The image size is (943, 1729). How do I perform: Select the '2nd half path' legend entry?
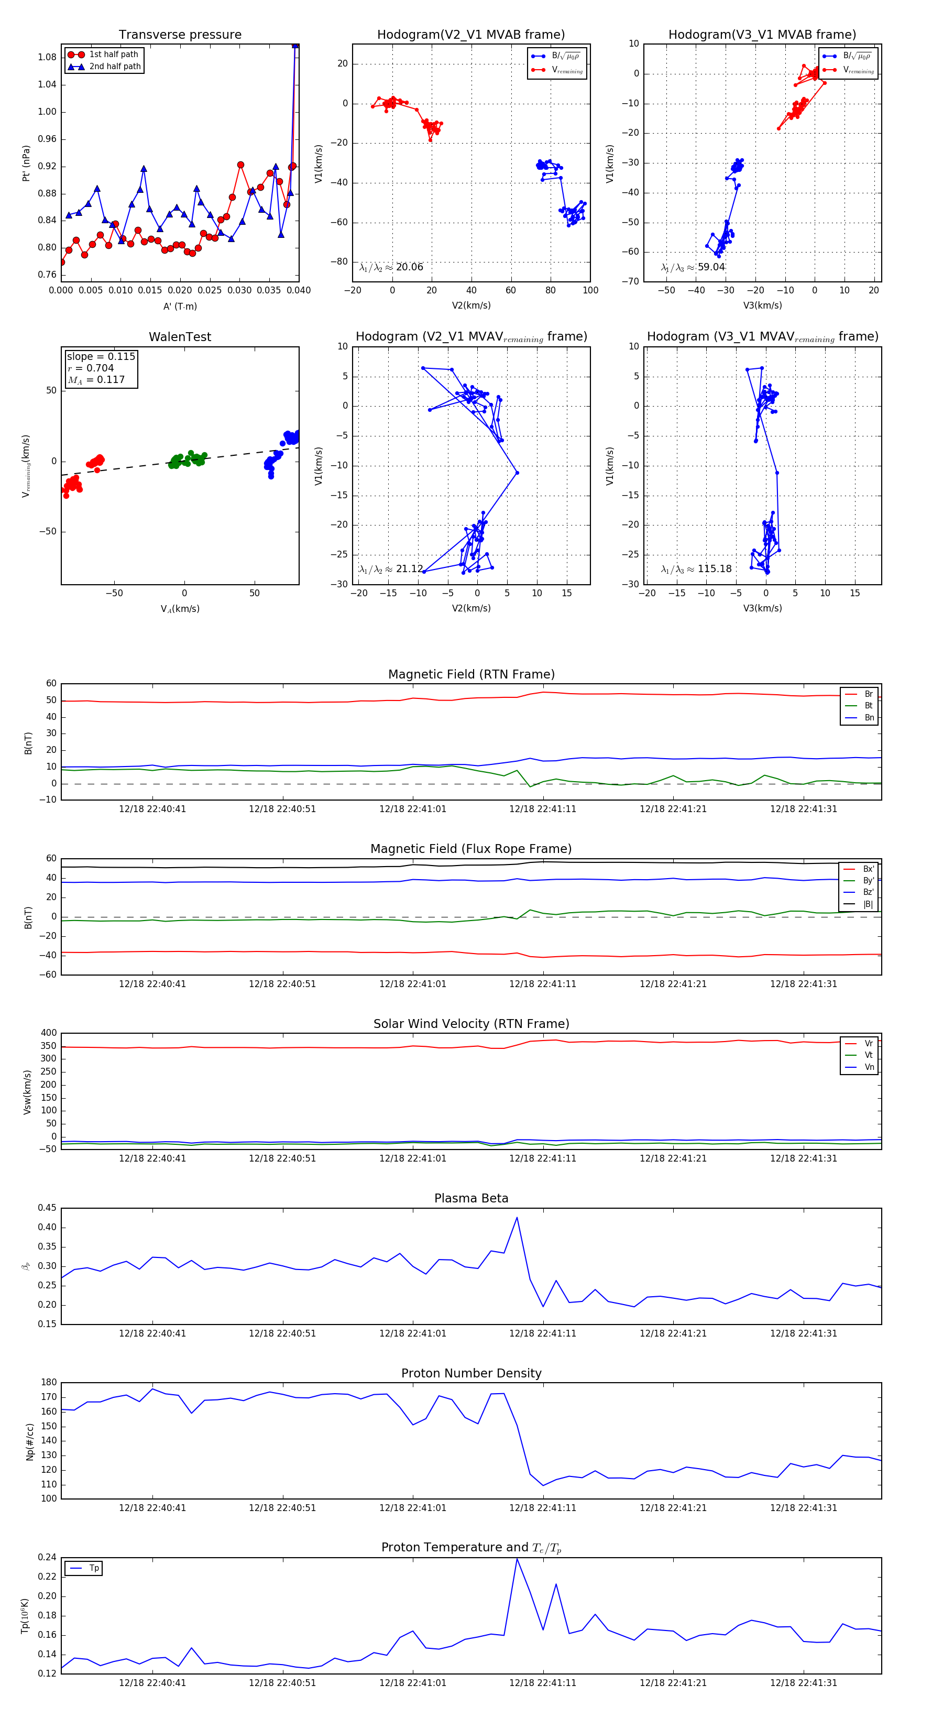(115, 67)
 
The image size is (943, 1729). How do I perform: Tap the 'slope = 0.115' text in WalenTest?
(101, 356)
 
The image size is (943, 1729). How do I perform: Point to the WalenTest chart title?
(180, 337)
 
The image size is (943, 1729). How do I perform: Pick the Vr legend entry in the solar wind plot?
(869, 1044)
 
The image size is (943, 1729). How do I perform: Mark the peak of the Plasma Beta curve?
(517, 1218)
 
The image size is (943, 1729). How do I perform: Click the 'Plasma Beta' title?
(471, 1198)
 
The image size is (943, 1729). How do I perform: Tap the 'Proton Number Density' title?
(471, 1373)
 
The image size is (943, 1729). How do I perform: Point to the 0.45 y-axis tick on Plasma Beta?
(47, 1208)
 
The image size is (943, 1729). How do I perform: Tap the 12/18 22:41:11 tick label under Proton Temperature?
(542, 1683)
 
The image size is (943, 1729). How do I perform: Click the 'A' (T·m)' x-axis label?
(180, 306)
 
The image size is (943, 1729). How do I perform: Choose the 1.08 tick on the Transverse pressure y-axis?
(47, 57)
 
